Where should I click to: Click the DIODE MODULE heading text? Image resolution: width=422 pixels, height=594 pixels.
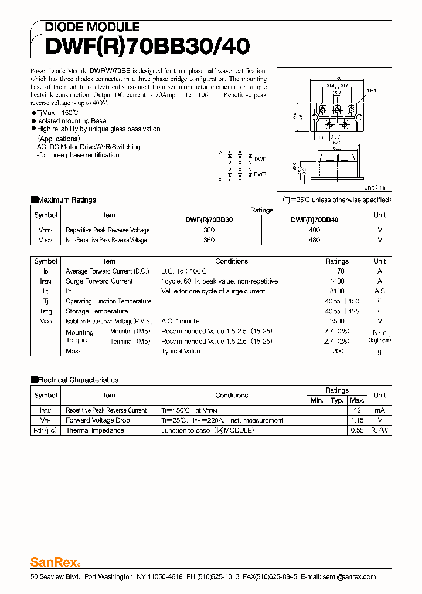click(92, 27)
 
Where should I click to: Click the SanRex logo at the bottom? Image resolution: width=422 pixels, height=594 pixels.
click(55, 562)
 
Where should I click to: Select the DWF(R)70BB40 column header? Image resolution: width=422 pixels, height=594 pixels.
click(314, 220)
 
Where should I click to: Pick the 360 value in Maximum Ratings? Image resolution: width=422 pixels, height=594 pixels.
click(209, 240)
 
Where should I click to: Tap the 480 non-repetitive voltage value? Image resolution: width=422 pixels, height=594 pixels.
click(314, 240)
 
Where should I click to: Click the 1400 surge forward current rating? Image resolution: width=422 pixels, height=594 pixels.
click(337, 281)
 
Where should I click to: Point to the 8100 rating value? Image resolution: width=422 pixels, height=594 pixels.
click(337, 291)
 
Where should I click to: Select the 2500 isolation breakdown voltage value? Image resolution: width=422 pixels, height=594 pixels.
click(337, 321)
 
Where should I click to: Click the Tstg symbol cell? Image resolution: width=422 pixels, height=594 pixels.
click(46, 311)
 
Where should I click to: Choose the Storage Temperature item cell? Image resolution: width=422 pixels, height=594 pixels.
click(97, 311)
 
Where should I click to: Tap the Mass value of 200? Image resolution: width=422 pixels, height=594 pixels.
click(338, 351)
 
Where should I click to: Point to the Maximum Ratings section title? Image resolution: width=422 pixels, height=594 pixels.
click(66, 200)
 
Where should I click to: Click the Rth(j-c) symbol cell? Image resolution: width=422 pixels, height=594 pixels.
click(46, 430)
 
